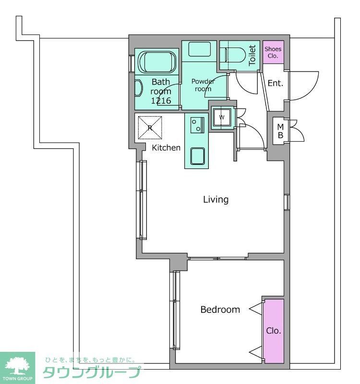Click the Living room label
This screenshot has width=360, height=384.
pyautogui.click(x=216, y=199)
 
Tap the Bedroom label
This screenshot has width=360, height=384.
pyautogui.click(x=220, y=310)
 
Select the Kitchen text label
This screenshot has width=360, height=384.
pyautogui.click(x=166, y=147)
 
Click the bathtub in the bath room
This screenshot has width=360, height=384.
pyautogui.click(x=157, y=62)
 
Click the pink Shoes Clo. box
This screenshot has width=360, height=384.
pyautogui.click(x=273, y=52)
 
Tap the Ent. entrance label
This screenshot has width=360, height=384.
pyautogui.click(x=275, y=83)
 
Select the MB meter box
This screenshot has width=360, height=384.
pyautogui.click(x=281, y=131)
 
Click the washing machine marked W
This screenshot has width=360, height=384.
pyautogui.click(x=222, y=118)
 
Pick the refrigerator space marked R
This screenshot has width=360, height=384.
pyautogui.click(x=150, y=128)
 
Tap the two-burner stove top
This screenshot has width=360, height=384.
pyautogui.click(x=197, y=125)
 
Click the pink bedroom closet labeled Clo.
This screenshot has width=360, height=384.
pyautogui.click(x=274, y=331)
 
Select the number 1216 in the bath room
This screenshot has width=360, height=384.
pyautogui.click(x=161, y=100)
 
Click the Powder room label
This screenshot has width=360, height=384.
pyautogui.click(x=203, y=85)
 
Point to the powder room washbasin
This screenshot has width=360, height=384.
pyautogui.click(x=199, y=49)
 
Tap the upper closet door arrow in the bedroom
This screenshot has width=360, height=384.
pyautogui.click(x=256, y=309)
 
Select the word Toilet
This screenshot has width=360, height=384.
pyautogui.click(x=252, y=55)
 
